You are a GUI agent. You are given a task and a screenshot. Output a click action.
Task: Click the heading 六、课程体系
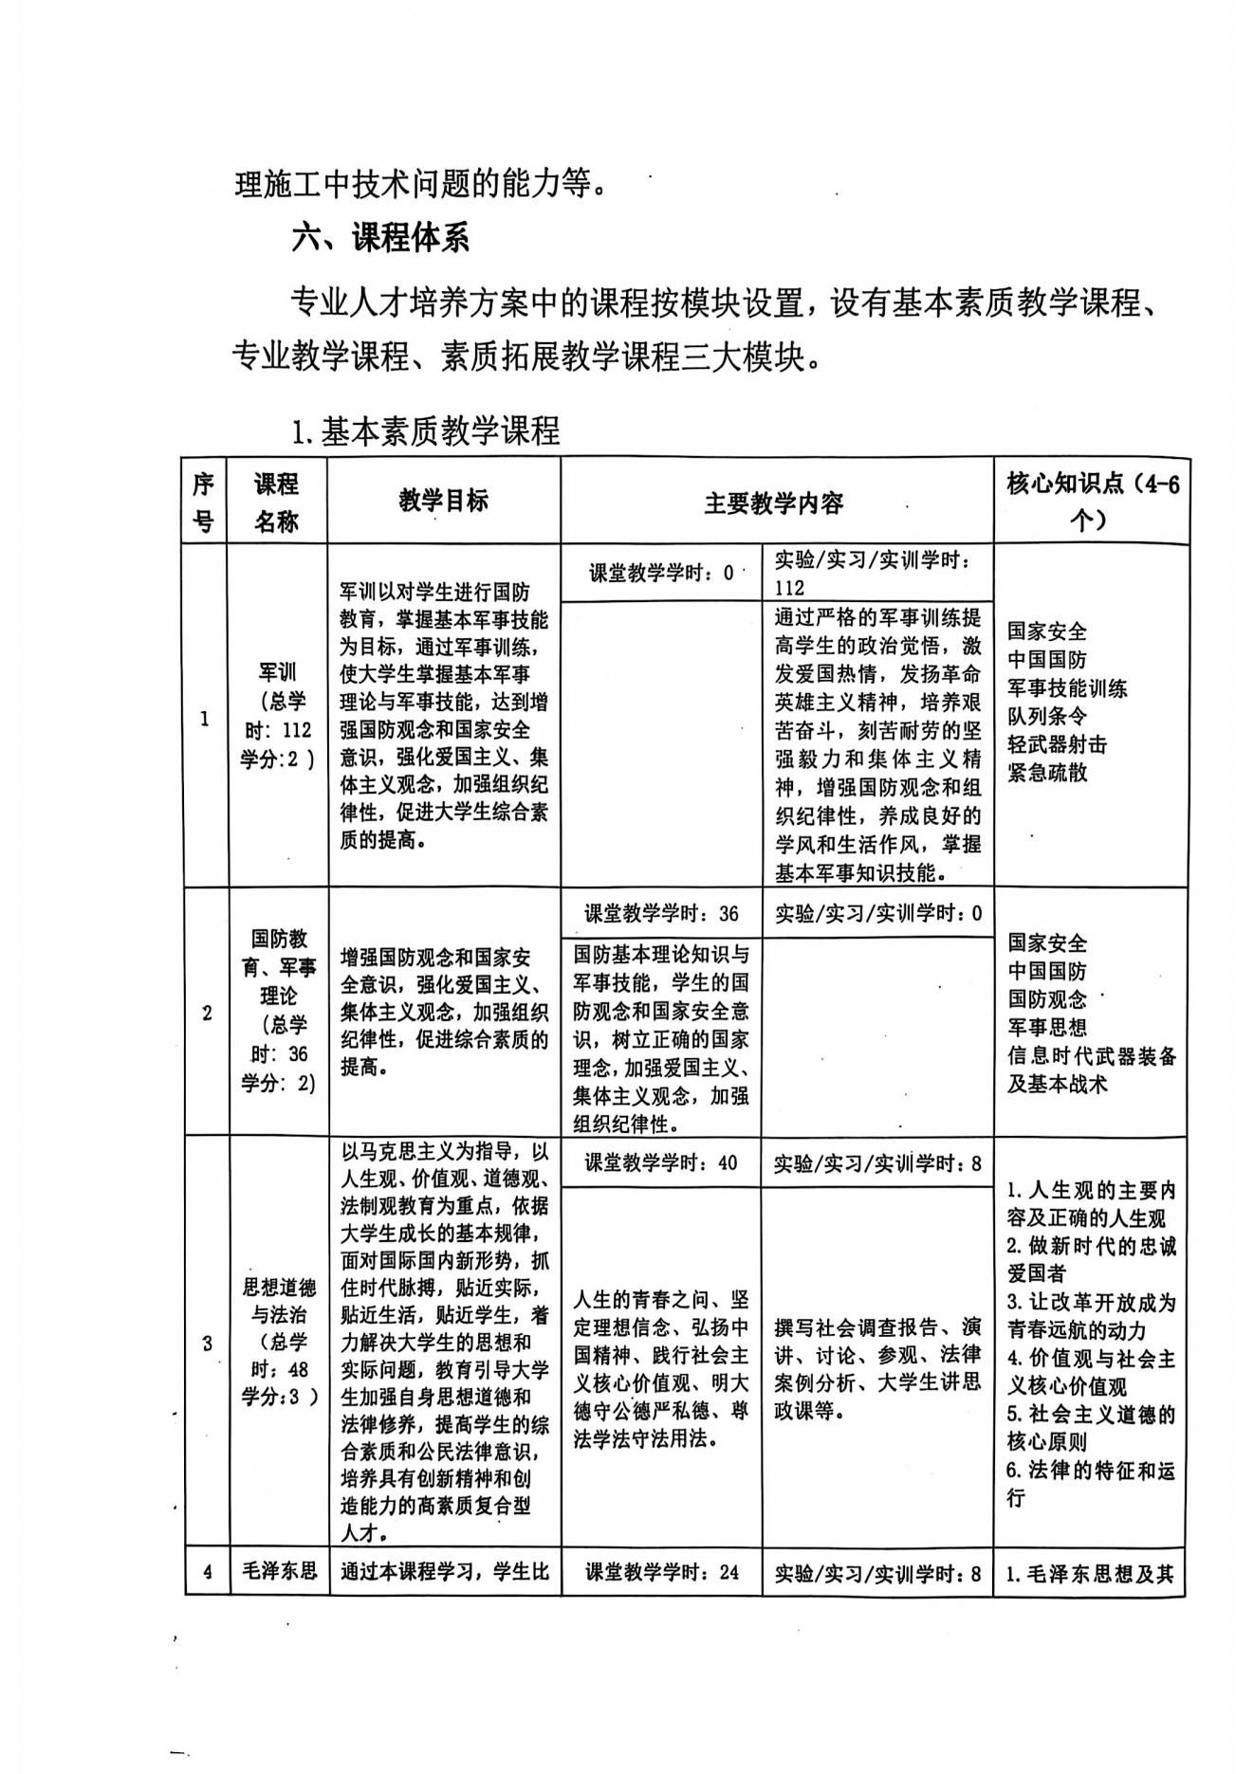pyautogui.click(x=380, y=238)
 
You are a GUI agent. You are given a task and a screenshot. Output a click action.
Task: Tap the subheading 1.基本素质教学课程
pyautogui.click(x=426, y=432)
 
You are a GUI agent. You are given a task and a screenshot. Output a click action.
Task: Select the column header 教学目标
pyautogui.click(x=443, y=501)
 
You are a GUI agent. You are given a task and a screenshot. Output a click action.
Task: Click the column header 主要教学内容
pyautogui.click(x=774, y=503)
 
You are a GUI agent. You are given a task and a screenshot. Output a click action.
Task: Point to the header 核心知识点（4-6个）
pyautogui.click(x=1092, y=501)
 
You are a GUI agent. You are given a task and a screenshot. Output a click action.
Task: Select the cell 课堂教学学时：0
pyautogui.click(x=661, y=573)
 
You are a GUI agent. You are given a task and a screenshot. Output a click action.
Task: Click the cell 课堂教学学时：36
pyautogui.click(x=661, y=913)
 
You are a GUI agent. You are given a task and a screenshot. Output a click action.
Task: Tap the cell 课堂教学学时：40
pyautogui.click(x=661, y=1162)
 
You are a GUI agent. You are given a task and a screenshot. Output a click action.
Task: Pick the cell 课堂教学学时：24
pyautogui.click(x=661, y=1572)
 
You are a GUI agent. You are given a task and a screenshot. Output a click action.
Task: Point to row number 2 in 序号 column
pyautogui.click(x=206, y=1013)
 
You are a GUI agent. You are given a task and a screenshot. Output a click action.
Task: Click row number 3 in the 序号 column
pyautogui.click(x=206, y=1343)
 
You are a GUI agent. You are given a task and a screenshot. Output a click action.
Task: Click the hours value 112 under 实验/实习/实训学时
pyautogui.click(x=789, y=588)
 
